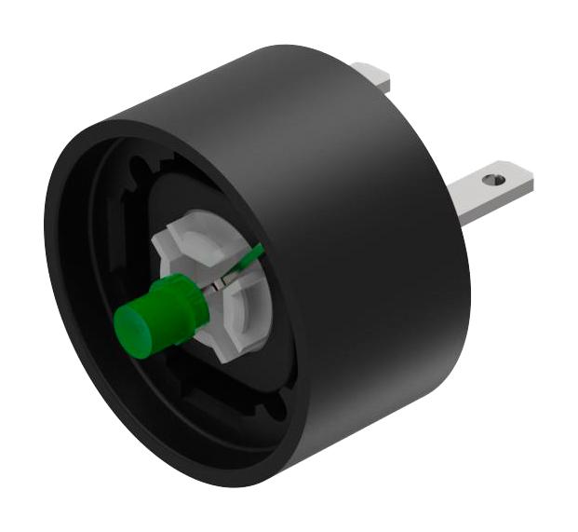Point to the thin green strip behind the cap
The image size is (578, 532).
click(249, 258)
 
